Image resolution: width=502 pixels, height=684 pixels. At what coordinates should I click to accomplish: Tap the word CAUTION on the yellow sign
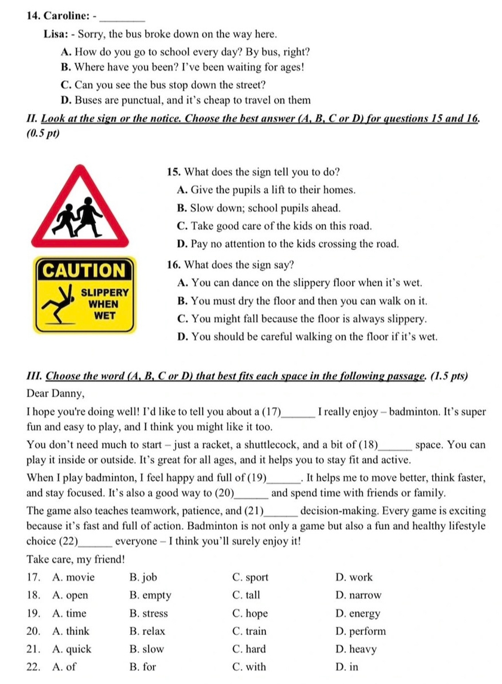pos(85,270)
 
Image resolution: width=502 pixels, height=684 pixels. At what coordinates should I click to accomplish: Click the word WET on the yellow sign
pos(105,315)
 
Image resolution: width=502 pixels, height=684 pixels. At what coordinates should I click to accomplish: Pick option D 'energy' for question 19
pos(365,613)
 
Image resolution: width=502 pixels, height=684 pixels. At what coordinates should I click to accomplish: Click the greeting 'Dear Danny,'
pos(56,394)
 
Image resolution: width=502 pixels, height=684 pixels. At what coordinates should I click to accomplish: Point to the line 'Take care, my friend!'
pos(76,560)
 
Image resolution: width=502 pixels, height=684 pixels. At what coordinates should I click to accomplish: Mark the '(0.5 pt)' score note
pos(44,133)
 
